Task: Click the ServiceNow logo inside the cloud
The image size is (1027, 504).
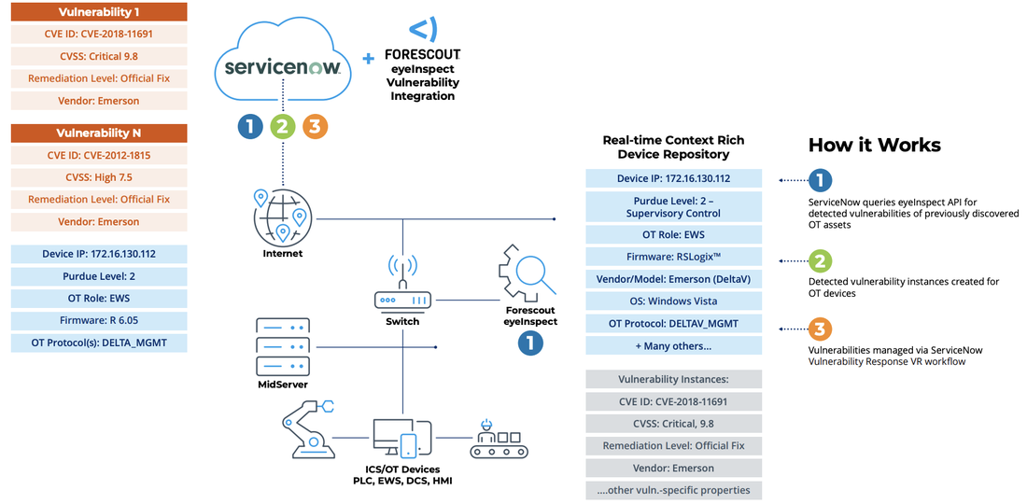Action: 282,69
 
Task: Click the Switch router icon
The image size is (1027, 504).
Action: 402,290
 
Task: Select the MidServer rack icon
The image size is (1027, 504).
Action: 281,345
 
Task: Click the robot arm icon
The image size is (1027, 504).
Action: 304,427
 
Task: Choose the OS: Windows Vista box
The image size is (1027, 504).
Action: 673,301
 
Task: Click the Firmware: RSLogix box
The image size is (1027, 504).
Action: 673,257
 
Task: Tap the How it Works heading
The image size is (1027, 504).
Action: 874,145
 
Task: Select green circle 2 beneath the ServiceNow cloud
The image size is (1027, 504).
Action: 282,127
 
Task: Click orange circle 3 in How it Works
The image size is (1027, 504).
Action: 820,329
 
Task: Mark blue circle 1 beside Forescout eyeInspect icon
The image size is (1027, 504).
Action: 530,343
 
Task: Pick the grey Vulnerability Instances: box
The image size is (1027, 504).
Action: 673,380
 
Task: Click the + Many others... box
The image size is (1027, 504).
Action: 673,345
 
